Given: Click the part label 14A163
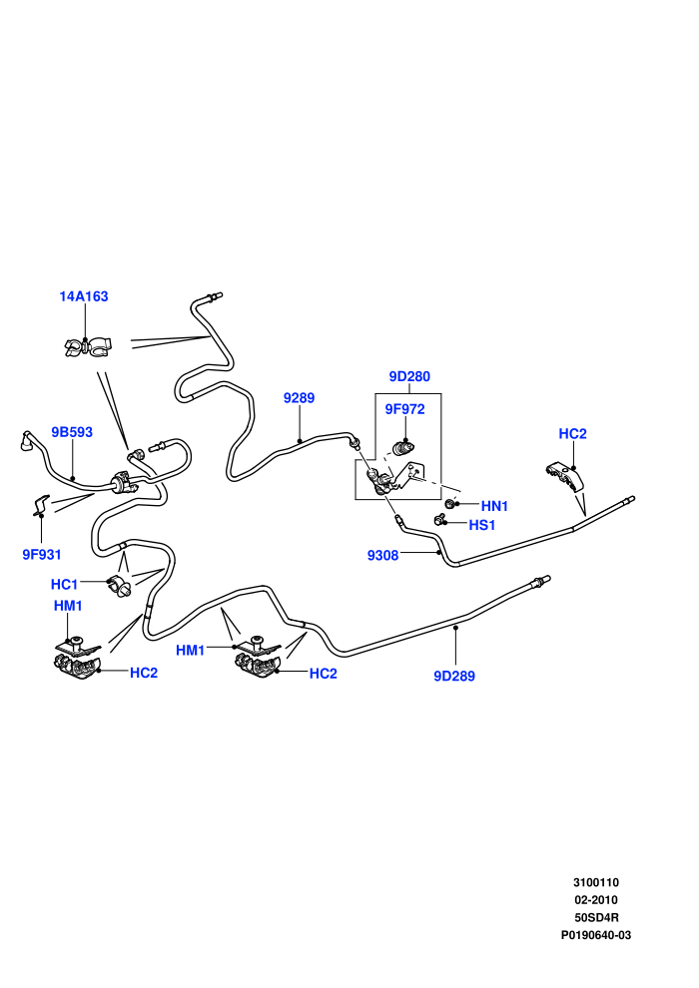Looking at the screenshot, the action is coord(84,296).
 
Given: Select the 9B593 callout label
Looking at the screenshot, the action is coord(72,432).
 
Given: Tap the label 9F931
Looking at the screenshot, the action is coord(42,555).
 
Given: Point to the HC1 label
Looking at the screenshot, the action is coord(64,584).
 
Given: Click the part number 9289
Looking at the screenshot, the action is coord(299,397).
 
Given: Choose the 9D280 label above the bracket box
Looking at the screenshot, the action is coord(409,377).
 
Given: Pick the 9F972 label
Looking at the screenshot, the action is coord(404,409).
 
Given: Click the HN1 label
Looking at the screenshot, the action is coord(494,506).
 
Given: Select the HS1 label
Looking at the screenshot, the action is coord(482,525).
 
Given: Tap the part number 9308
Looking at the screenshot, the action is coord(383,555).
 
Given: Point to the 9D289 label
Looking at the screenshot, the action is coord(453,676).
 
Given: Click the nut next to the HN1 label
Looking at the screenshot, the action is coord(450,504).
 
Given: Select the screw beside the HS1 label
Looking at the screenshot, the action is coord(439,520).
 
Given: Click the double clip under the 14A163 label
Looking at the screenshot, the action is coord(87,346).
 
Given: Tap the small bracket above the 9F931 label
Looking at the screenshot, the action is coord(42,505).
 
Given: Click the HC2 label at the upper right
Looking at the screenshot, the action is coord(572,434).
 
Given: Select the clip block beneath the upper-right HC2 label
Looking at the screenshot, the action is coord(563,476).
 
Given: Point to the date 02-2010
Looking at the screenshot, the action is coord(596,900).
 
